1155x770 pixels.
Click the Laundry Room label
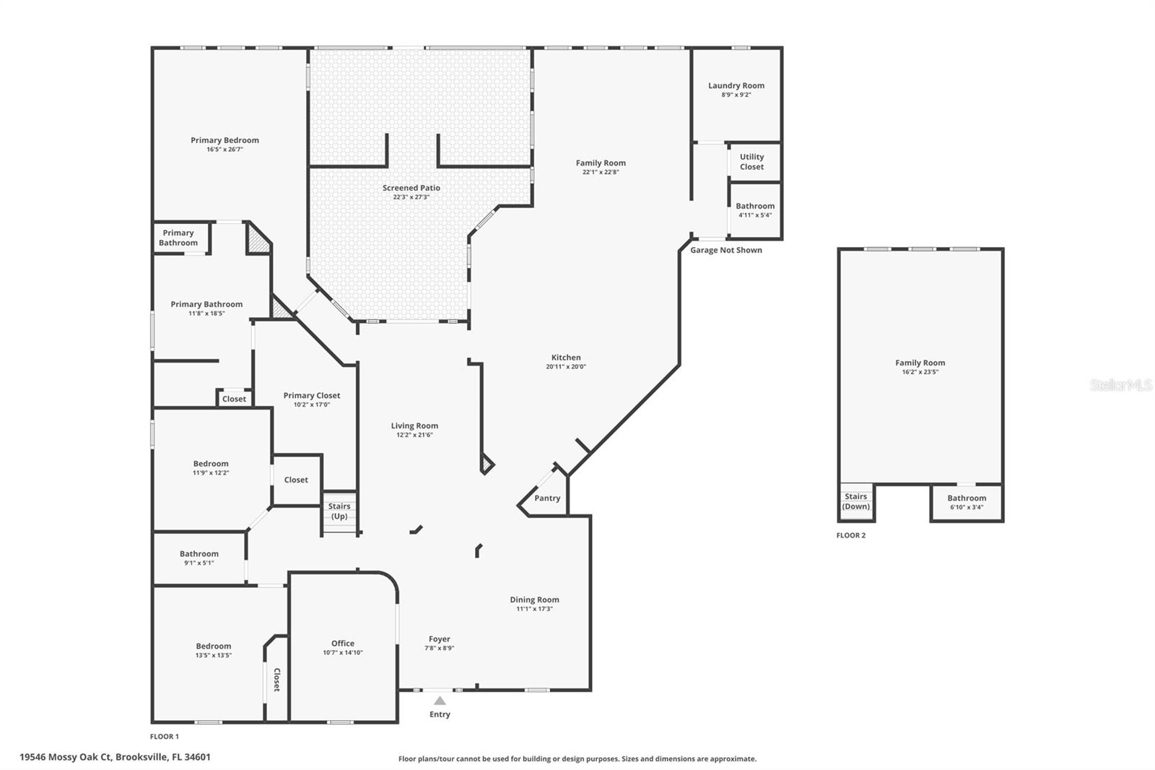736,85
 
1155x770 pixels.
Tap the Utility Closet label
751,162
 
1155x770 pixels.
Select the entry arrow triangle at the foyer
440,701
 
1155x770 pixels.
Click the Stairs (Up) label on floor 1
339,511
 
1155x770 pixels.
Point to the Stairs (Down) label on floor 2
855,501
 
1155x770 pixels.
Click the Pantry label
547,498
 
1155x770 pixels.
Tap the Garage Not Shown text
725,250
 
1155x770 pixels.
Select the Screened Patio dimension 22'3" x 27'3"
411,197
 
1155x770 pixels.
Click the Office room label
343,643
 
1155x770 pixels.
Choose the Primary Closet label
311,395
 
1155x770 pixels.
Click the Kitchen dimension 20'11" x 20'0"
566,367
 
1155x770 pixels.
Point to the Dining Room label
534,600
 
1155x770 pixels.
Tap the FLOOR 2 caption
850,535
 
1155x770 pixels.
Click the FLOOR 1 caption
164,737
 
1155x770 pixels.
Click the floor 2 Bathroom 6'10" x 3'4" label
967,498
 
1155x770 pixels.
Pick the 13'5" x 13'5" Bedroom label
213,646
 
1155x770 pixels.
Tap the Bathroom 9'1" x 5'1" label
199,554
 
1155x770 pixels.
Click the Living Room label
414,426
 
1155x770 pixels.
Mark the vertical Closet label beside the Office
276,680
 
